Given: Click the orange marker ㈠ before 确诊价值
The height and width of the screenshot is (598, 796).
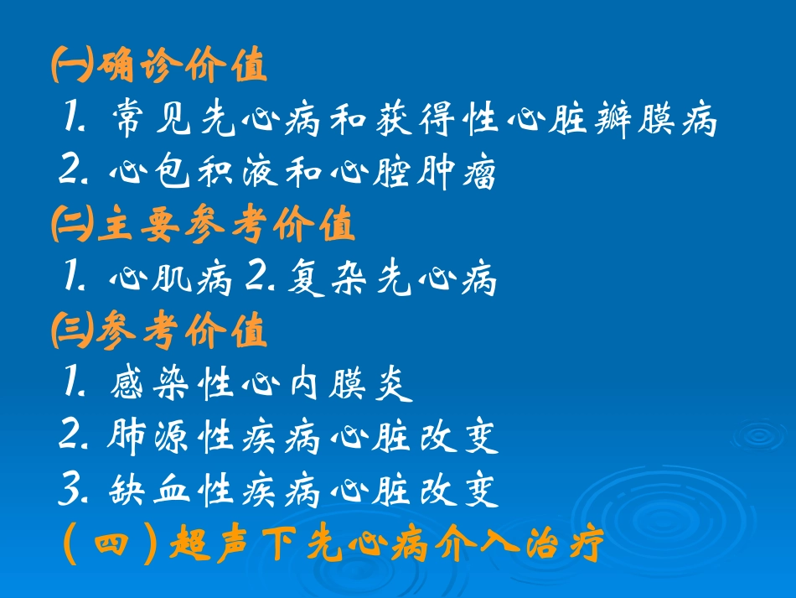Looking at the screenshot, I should tap(72, 68).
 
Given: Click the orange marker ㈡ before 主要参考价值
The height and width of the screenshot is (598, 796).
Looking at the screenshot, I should tap(72, 226).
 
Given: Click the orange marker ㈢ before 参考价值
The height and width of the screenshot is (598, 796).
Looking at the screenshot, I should tap(72, 332).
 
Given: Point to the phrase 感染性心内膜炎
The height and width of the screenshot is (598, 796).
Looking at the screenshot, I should tap(262, 385).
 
